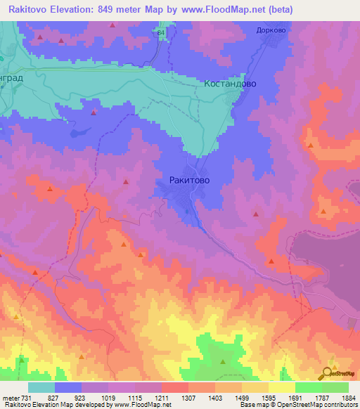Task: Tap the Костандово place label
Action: tap(230, 83)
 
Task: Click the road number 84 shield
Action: tap(162, 33)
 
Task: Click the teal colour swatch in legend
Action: tap(41, 387)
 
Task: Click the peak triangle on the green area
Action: tap(223, 362)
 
